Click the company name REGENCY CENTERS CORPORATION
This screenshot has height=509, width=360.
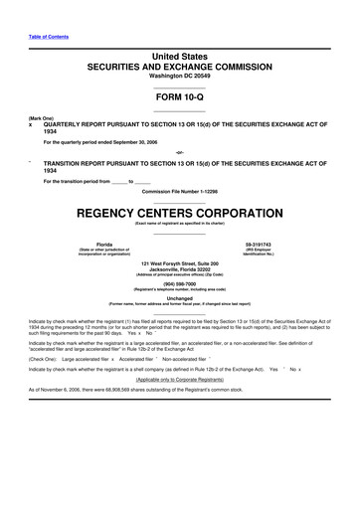[179, 212]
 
